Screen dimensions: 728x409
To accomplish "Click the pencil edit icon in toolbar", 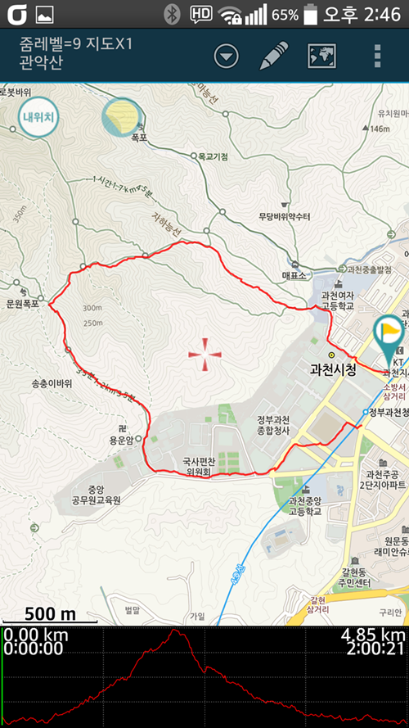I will (x=274, y=56).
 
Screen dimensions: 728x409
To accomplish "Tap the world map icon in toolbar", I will (x=322, y=56).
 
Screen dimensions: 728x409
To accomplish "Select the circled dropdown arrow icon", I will (x=227, y=56).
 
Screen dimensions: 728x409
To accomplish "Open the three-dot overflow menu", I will (x=377, y=56).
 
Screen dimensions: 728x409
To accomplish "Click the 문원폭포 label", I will (x=23, y=303).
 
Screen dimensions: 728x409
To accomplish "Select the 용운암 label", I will (x=126, y=440).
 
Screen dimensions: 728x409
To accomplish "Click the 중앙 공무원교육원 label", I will (x=96, y=494).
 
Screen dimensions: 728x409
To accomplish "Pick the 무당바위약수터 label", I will (x=284, y=217).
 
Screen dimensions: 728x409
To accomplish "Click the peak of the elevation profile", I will (x=175, y=631).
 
